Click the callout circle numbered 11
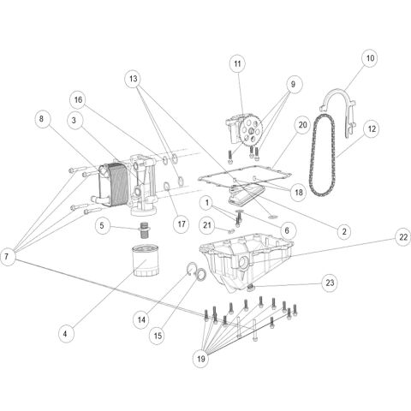tap(237, 63)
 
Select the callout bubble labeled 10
tap(369, 59)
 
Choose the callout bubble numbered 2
tap(343, 231)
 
